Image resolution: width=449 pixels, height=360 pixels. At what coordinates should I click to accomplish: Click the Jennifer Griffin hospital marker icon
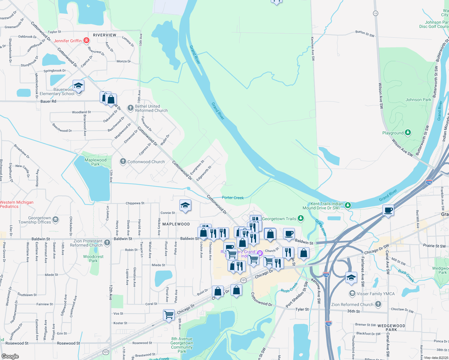[x=86, y=40]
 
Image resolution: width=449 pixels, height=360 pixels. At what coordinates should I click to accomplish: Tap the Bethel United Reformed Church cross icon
[x=130, y=108]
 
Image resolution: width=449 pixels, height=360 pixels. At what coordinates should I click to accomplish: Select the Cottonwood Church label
[x=146, y=162]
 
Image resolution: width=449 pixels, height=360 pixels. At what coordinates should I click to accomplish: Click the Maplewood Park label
[x=95, y=162]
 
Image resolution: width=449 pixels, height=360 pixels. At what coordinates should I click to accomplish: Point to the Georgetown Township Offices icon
[x=56, y=220]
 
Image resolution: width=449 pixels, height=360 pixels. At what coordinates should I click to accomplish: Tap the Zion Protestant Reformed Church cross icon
[x=107, y=243]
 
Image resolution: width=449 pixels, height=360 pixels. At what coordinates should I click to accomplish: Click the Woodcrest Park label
[x=93, y=259]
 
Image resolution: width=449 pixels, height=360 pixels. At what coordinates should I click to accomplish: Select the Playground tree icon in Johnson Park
[x=408, y=133]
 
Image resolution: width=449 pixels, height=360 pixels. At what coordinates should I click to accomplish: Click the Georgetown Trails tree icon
[x=301, y=219]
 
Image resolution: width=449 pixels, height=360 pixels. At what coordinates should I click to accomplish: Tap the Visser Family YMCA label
[x=375, y=294]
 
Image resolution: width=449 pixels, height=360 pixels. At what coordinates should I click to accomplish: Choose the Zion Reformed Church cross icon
[x=378, y=304]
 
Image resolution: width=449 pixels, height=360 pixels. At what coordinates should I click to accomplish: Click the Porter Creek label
[x=233, y=198]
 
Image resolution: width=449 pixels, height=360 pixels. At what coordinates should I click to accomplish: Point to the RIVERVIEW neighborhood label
[x=104, y=35]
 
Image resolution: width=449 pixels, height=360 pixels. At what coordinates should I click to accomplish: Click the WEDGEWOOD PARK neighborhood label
[x=391, y=328]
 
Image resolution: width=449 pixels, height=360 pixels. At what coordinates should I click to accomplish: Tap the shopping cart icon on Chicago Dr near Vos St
[x=169, y=315]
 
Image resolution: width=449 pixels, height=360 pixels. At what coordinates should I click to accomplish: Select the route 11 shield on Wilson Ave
[x=375, y=13]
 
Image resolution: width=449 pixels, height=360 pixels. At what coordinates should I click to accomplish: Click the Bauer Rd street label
[x=48, y=101]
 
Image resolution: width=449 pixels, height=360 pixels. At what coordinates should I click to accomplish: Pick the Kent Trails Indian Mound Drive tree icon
[x=348, y=205]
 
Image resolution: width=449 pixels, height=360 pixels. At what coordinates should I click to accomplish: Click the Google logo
[x=10, y=356]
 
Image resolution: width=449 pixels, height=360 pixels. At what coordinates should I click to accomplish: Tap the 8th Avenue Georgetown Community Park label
[x=182, y=345]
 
